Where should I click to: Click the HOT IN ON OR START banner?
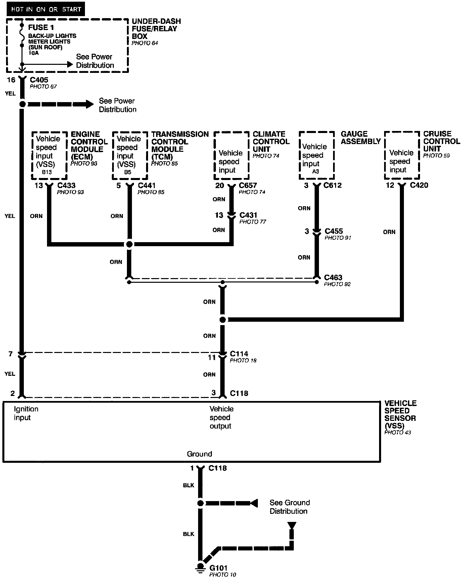click(x=46, y=9)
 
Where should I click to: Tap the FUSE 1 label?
click(x=41, y=28)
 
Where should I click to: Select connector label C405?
click(x=39, y=80)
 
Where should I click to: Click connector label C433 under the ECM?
click(x=66, y=185)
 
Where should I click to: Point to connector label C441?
click(x=147, y=185)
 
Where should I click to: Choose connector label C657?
click(x=248, y=185)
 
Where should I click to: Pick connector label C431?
click(x=248, y=215)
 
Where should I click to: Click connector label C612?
click(x=332, y=185)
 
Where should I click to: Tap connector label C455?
click(x=334, y=231)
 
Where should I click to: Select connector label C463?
click(x=333, y=277)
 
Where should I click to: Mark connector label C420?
click(x=419, y=185)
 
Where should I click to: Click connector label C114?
click(x=239, y=354)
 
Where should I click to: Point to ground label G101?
click(x=219, y=568)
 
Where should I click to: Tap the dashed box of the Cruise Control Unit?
click(x=402, y=155)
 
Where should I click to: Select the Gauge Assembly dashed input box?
click(x=317, y=155)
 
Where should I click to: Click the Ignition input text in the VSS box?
click(x=26, y=413)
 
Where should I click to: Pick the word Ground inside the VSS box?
click(x=199, y=454)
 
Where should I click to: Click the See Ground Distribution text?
click(x=289, y=507)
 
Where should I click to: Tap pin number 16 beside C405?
click(x=11, y=80)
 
